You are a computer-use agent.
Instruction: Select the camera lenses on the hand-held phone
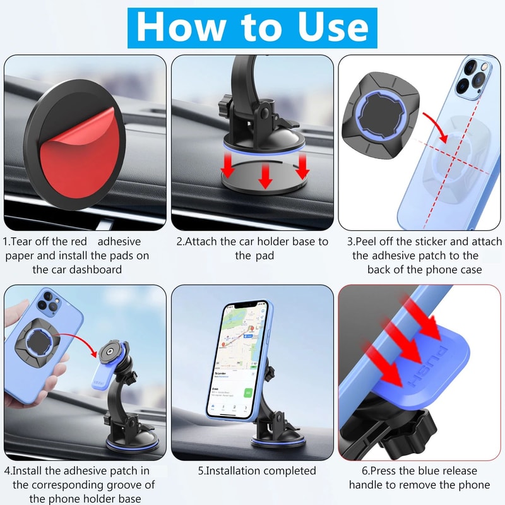[x=44, y=305]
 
